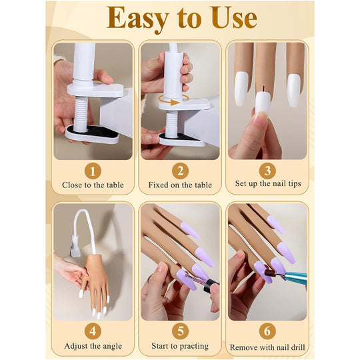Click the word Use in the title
point(231,19)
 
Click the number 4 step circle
point(92,330)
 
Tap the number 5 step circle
point(179,330)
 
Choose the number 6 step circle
point(267,330)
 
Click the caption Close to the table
point(93,185)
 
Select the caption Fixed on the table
point(179,185)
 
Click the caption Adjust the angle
point(93,346)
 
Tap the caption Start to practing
point(179,346)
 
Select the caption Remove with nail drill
point(267,347)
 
